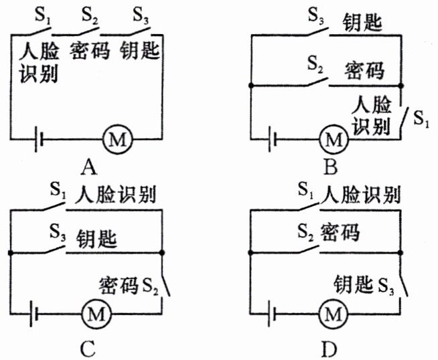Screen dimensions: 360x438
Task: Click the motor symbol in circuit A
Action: pyautogui.click(x=118, y=140)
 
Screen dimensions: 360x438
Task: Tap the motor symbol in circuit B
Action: pyautogui.click(x=332, y=140)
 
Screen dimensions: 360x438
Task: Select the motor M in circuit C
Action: pyautogui.click(x=95, y=312)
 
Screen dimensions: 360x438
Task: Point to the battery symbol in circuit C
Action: pyautogui.click(x=36, y=312)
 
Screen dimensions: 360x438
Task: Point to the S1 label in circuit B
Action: pyautogui.click(x=420, y=120)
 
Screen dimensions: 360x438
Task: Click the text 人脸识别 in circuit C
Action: pyautogui.click(x=117, y=195)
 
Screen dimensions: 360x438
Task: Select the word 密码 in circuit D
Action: pyautogui.click(x=340, y=232)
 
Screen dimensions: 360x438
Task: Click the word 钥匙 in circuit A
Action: pyautogui.click(x=142, y=51)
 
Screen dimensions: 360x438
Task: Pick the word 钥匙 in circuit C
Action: pyautogui.click(x=97, y=238)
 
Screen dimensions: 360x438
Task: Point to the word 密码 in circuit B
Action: pyautogui.click(x=364, y=70)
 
